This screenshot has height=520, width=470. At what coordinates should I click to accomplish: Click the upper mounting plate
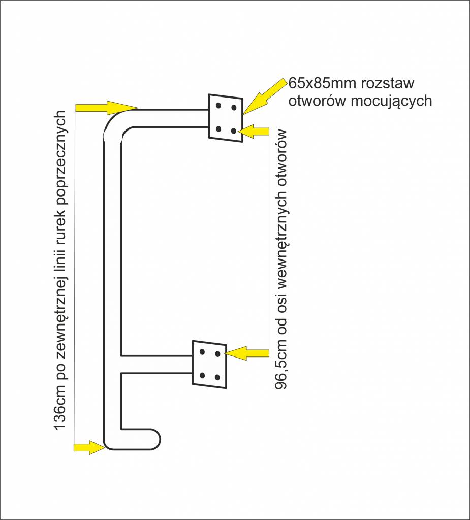(225, 117)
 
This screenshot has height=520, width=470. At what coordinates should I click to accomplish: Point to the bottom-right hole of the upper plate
(233, 131)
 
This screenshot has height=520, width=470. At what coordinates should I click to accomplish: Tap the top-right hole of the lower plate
(217, 353)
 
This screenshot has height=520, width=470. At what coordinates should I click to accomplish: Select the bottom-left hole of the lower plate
(202, 375)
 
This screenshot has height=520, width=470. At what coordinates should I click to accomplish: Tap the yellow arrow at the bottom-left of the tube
(89, 447)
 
